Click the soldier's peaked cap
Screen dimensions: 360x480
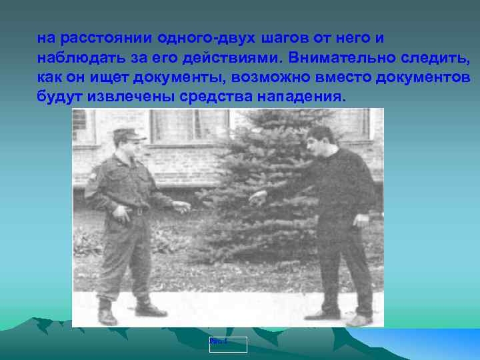129,135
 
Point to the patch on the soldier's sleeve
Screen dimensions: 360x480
95,179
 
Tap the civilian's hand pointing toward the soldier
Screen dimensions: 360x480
257,197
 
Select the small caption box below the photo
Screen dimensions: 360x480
227,344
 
